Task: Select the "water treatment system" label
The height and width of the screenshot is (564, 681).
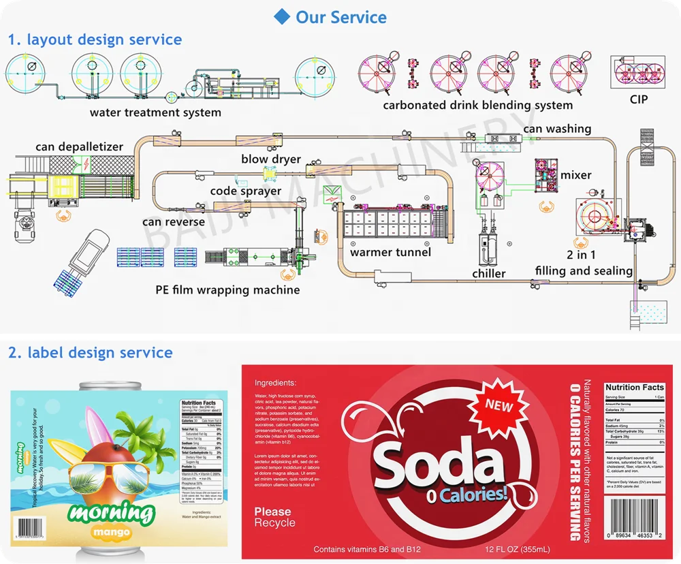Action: tap(155, 112)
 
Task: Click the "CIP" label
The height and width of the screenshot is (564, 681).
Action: tap(639, 99)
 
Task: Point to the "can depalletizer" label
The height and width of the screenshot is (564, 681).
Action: tap(80, 146)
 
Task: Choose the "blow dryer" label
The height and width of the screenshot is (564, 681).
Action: tap(271, 159)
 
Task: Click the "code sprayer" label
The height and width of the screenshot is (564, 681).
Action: tap(245, 191)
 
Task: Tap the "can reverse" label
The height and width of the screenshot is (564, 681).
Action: tap(174, 221)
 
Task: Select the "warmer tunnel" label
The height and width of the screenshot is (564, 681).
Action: tap(390, 252)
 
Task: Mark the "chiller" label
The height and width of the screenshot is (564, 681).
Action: tap(489, 273)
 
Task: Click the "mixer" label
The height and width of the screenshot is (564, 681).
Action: tap(575, 175)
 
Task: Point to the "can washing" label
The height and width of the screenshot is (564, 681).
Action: tap(557, 129)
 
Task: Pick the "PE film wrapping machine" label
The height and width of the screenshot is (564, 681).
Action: tap(227, 290)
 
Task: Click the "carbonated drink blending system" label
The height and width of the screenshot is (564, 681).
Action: tap(477, 105)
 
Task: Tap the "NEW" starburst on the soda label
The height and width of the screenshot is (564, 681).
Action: tap(499, 405)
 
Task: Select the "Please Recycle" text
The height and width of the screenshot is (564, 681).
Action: tap(275, 517)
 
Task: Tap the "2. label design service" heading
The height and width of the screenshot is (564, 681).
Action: tap(91, 353)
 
